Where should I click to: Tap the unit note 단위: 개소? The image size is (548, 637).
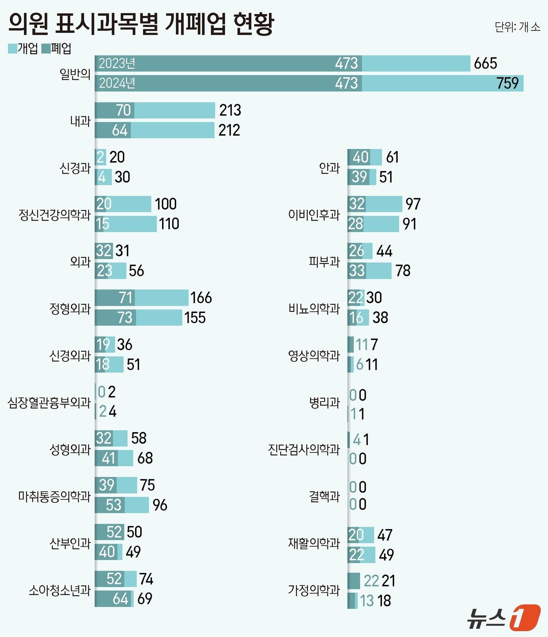517,27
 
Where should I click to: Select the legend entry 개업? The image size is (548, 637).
23,48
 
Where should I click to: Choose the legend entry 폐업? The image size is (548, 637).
57,48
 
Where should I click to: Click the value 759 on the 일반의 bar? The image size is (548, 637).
507,83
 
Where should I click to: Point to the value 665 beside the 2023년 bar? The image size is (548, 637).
485,63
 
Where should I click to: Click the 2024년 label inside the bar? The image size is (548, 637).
117,83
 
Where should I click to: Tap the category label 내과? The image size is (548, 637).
80,121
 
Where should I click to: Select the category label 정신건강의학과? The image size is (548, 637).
54,214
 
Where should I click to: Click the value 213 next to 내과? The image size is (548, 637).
230,110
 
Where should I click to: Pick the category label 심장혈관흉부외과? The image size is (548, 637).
49,402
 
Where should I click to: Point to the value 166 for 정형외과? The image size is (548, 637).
201,298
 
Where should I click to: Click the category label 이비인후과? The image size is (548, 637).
314,214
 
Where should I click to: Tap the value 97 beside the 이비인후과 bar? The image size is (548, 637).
413,204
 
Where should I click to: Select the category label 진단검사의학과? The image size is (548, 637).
304,449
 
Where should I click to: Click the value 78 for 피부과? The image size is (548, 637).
403,271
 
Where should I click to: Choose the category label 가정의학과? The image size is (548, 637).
314,590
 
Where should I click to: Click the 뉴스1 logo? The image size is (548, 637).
503,618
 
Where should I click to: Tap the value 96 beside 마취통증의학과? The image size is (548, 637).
160,505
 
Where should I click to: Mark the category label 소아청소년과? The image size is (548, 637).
59,590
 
